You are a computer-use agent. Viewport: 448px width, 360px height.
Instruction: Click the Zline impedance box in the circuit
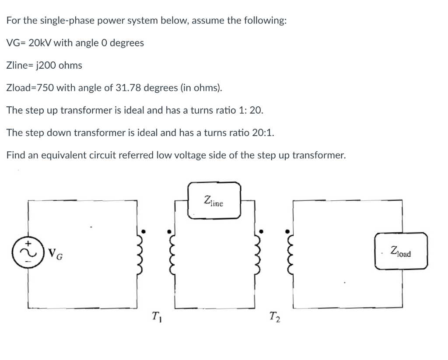coord(214,200)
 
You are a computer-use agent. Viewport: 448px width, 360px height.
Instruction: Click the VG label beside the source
coord(55,253)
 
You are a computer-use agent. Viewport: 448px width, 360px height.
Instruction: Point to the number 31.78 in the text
coord(127,88)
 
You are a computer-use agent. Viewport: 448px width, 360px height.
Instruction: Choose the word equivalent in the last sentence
coord(60,155)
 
